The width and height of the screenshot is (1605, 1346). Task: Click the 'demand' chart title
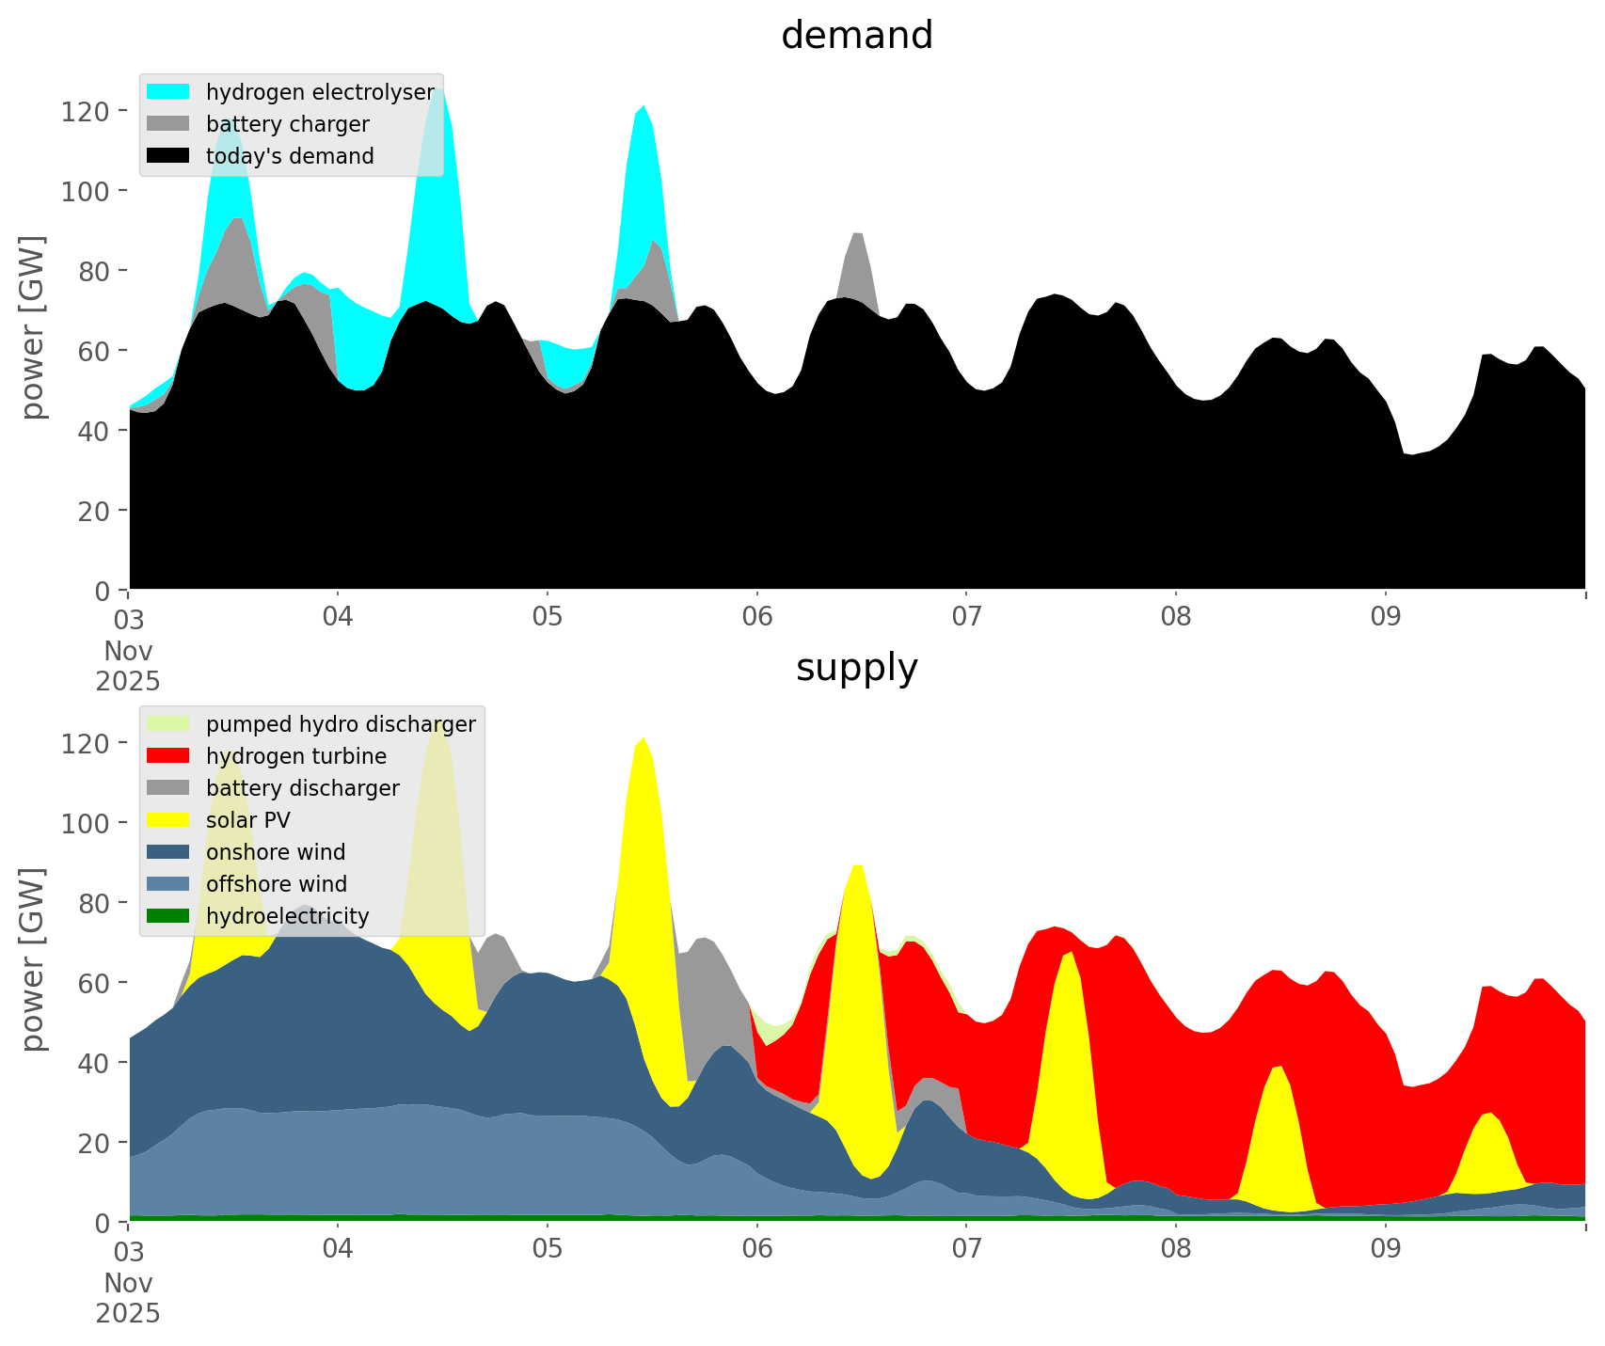856,36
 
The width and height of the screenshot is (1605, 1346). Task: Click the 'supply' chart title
856,668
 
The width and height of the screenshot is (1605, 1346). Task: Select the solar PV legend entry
247,820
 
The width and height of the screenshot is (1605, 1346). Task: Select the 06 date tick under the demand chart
756,618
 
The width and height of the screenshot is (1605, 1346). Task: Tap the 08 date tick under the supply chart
1176,1250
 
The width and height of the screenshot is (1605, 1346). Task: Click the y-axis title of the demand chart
33,327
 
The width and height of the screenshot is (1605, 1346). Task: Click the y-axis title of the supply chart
33,959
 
